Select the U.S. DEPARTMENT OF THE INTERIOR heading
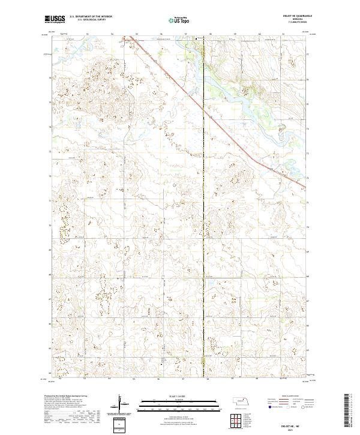(91, 17)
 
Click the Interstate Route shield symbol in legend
(268, 406)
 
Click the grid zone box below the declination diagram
(122, 423)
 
